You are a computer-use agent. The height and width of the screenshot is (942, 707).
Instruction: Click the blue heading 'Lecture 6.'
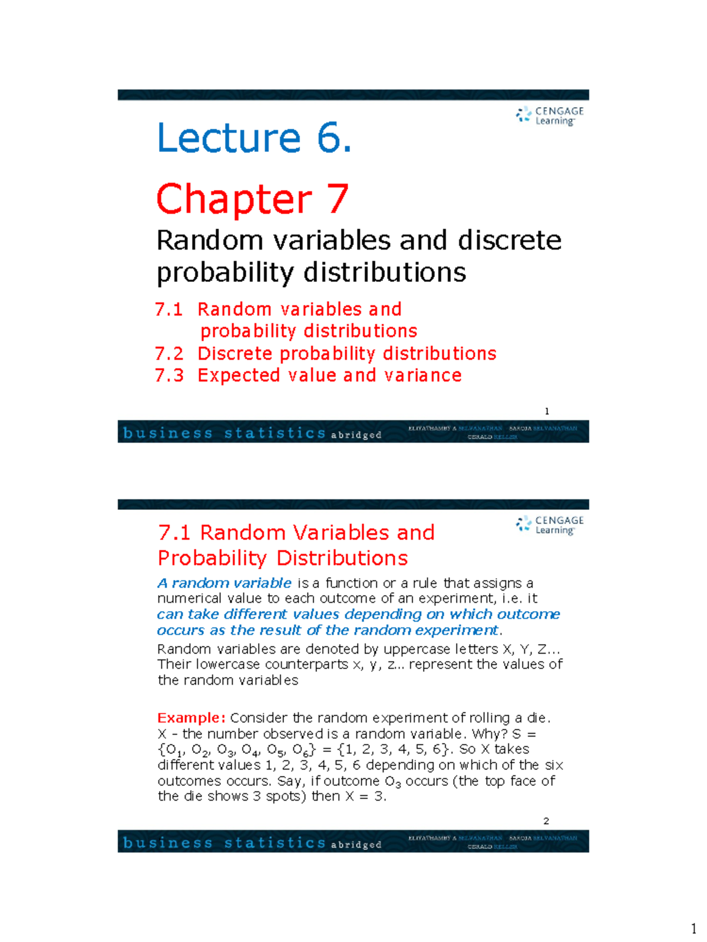pyautogui.click(x=254, y=138)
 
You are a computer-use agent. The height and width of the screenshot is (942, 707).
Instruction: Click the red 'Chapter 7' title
pyautogui.click(x=252, y=199)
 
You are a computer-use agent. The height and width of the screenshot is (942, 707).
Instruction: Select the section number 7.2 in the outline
pyautogui.click(x=169, y=353)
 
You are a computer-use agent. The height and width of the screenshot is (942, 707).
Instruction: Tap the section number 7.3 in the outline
pyautogui.click(x=169, y=375)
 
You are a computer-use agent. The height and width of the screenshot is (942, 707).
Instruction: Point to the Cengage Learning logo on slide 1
pyautogui.click(x=550, y=115)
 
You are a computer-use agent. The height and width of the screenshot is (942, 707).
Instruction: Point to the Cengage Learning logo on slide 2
pyautogui.click(x=550, y=525)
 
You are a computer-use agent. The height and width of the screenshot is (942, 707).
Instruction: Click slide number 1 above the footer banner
pyautogui.click(x=547, y=411)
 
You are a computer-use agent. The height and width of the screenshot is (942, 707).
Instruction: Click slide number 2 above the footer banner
pyautogui.click(x=546, y=821)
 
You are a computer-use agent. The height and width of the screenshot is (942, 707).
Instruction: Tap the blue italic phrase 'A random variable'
pyautogui.click(x=224, y=583)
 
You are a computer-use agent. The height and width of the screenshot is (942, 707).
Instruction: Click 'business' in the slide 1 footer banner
pyautogui.click(x=168, y=433)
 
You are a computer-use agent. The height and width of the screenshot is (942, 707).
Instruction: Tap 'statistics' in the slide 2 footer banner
pyautogui.click(x=275, y=843)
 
